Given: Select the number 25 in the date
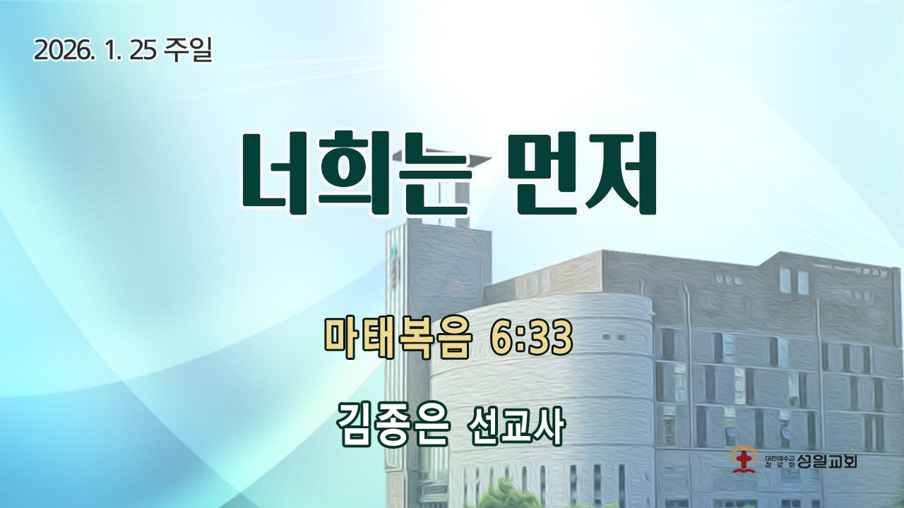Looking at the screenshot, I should pos(143,50).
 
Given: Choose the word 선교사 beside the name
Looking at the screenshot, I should pos(516,425).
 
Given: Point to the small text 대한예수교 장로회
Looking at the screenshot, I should pos(779,462).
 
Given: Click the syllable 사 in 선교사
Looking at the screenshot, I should pos(549,425).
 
